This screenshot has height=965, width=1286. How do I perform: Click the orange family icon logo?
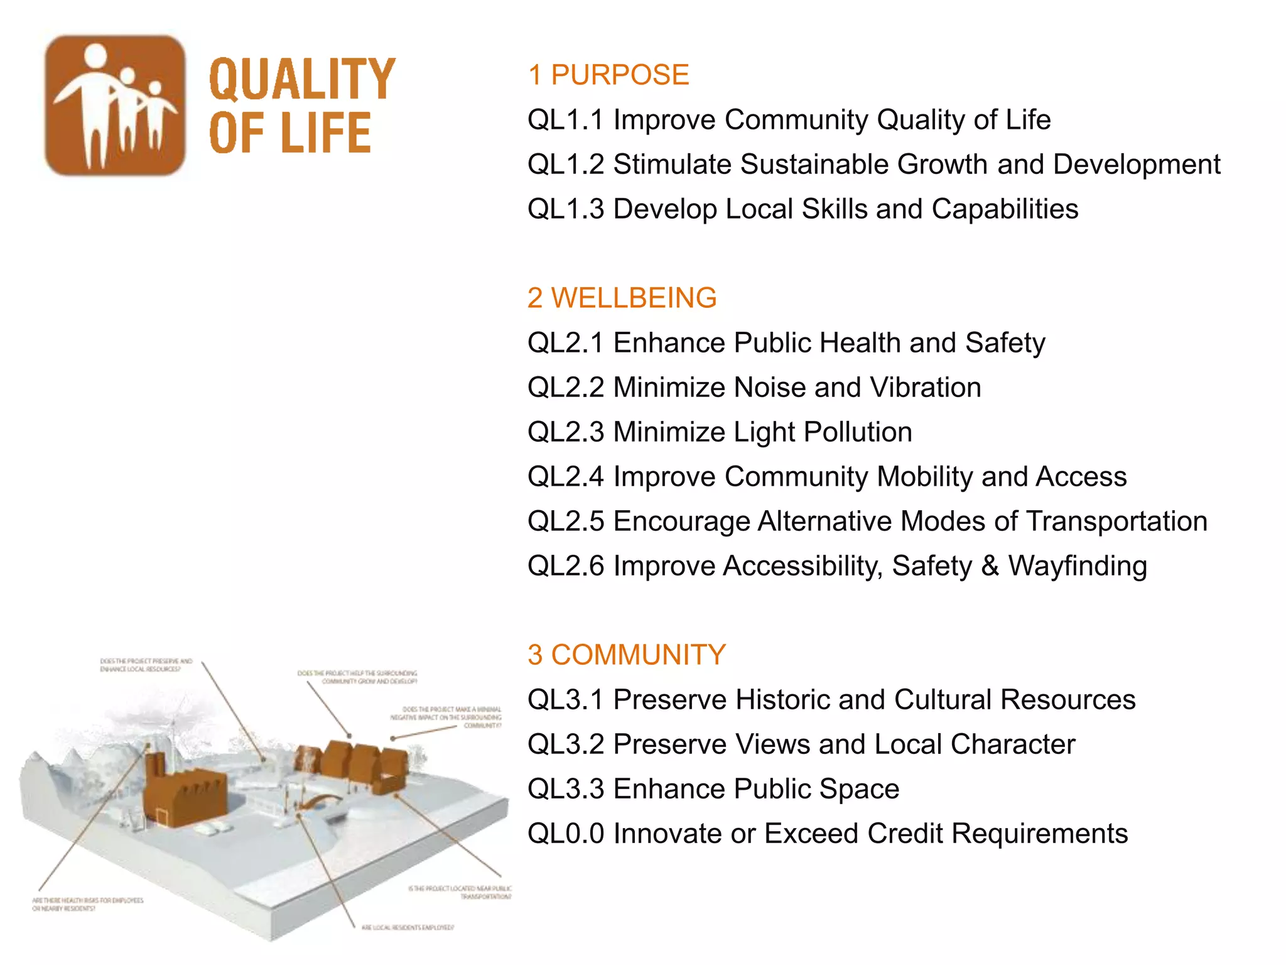[x=115, y=105]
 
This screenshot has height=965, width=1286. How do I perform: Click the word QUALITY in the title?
[x=301, y=79]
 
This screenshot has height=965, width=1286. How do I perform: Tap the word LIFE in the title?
[x=326, y=133]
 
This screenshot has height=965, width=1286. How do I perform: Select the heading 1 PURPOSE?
[x=608, y=75]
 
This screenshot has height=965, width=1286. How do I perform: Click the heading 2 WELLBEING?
[x=622, y=298]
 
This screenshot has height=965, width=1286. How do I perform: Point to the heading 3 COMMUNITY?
[x=626, y=655]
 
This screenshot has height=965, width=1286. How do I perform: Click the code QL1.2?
[x=565, y=165]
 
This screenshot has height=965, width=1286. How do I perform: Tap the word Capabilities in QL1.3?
[x=1005, y=209]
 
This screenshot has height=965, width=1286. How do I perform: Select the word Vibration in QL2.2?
[x=926, y=388]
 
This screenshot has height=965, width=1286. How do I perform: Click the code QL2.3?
[x=565, y=432]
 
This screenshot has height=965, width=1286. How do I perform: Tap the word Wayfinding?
[x=1078, y=566]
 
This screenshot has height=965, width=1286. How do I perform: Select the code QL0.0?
[x=565, y=834]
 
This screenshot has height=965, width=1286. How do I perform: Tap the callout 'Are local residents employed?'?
[x=408, y=927]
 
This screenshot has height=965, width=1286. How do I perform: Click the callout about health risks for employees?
[x=88, y=904]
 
